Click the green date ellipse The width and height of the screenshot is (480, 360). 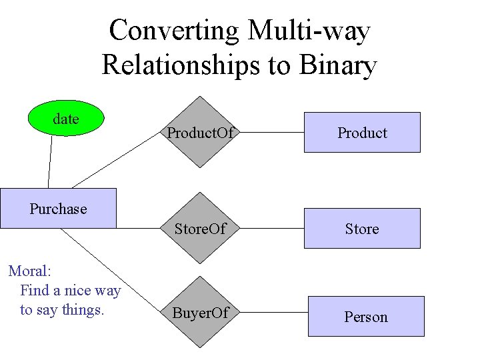(65, 119)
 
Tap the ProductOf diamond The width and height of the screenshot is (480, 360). (200, 132)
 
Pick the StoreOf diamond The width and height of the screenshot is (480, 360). (200, 229)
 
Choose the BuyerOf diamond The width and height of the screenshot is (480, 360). (200, 312)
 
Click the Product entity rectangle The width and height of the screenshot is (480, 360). (362, 132)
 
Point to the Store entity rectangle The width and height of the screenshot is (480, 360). (362, 228)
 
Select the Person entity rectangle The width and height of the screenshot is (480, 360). (365, 316)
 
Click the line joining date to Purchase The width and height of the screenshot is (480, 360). (49, 162)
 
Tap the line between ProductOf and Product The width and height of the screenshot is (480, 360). (269, 133)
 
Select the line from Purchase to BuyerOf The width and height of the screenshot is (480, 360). (113, 269)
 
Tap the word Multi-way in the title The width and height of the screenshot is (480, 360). (309, 31)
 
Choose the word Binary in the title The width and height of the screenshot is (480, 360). (338, 65)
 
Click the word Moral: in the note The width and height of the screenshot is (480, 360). (30, 271)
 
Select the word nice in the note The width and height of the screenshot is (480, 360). (74, 290)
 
